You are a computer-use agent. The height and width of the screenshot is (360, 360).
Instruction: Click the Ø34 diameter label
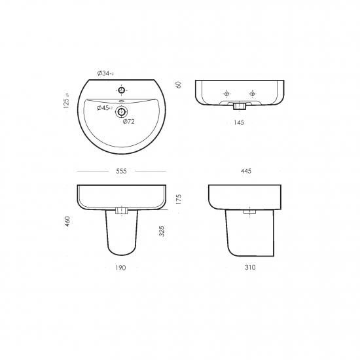(105, 73)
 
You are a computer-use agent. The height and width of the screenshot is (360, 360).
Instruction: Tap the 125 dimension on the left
(66, 101)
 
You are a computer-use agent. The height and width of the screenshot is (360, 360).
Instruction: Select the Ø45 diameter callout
(105, 108)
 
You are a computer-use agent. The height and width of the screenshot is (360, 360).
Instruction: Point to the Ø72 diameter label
(128, 122)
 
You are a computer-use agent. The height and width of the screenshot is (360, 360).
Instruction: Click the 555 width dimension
(121, 171)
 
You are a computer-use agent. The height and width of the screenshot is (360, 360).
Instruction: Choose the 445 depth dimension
(246, 171)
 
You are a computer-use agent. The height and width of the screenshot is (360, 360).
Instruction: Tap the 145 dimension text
(239, 122)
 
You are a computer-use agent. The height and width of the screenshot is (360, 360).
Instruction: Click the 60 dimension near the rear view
(178, 84)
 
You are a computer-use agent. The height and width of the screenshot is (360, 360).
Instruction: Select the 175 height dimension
(179, 199)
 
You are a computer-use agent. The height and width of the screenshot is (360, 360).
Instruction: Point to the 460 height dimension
(67, 221)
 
